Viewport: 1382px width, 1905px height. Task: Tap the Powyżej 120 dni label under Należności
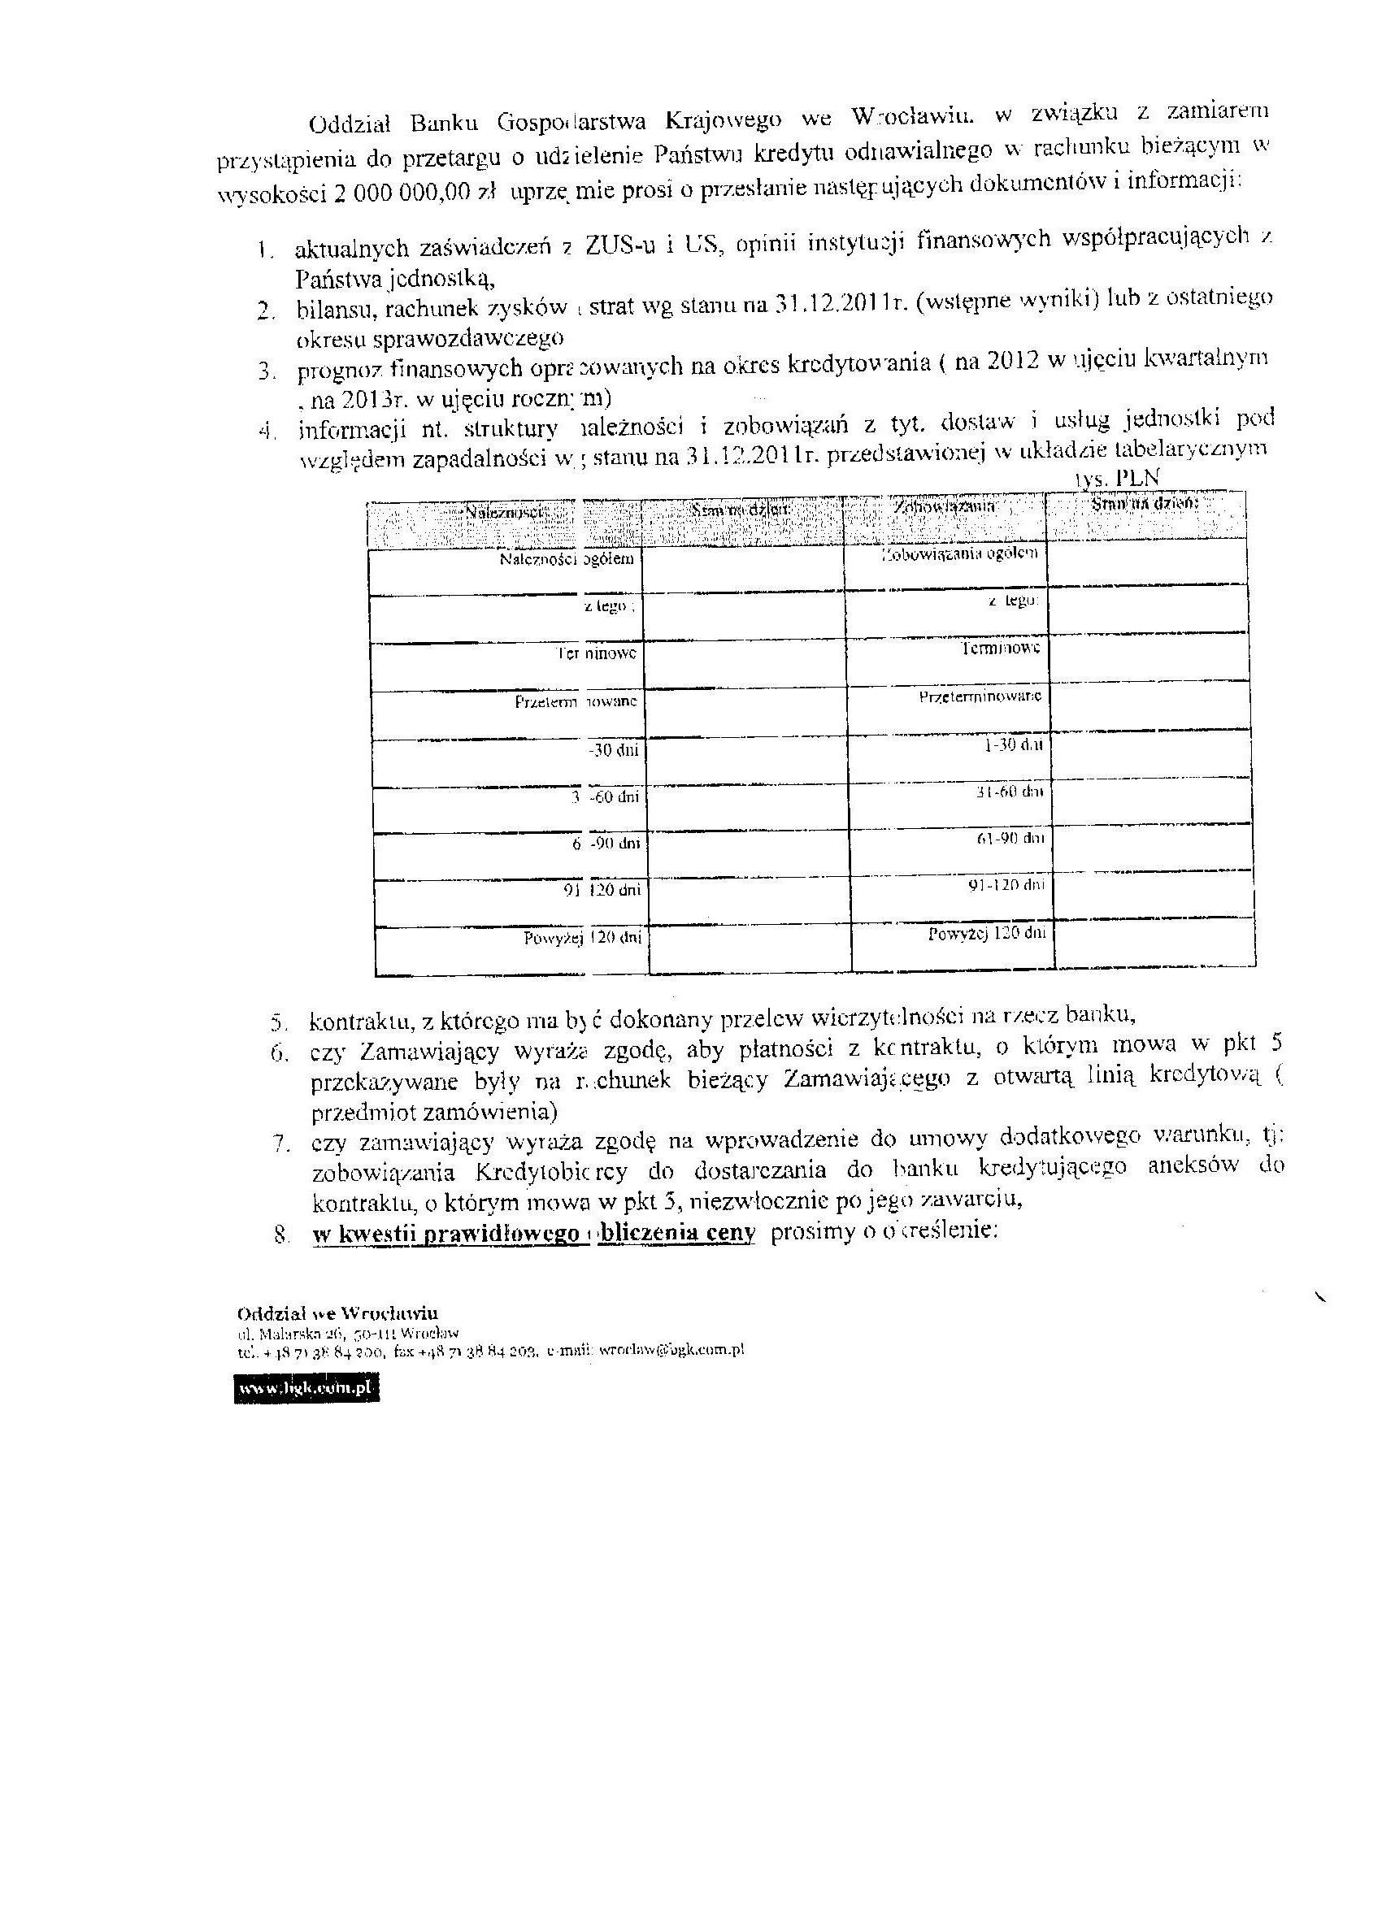(583, 938)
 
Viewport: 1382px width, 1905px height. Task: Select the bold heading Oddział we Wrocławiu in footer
(337, 1313)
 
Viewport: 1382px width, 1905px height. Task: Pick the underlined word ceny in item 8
(734, 1232)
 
